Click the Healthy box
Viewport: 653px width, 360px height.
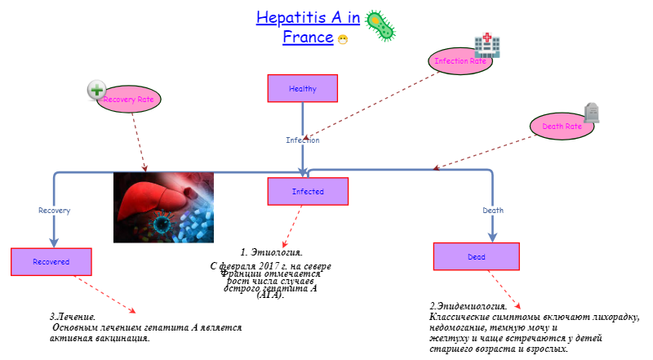(302, 88)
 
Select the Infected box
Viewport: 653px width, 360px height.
(308, 192)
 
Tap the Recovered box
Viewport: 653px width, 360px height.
(51, 262)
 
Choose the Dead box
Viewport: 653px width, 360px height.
(477, 256)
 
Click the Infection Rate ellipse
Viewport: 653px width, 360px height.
(460, 61)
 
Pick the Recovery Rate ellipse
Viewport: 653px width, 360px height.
(128, 99)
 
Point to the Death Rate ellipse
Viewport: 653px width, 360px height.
(562, 127)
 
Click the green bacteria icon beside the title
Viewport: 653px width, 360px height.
(380, 25)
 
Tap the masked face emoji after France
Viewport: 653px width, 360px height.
(343, 39)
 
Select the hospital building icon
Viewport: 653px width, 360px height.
(487, 46)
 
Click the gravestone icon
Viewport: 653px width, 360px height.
(591, 113)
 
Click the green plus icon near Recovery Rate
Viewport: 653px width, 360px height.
(97, 90)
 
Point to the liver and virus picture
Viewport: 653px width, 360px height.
(162, 207)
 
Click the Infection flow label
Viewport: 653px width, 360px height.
(302, 140)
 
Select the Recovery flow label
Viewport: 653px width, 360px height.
(54, 211)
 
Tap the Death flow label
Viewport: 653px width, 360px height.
(493, 211)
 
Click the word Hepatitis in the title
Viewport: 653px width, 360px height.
(291, 18)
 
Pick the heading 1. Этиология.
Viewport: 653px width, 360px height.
(272, 252)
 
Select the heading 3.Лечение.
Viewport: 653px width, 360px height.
(73, 316)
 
